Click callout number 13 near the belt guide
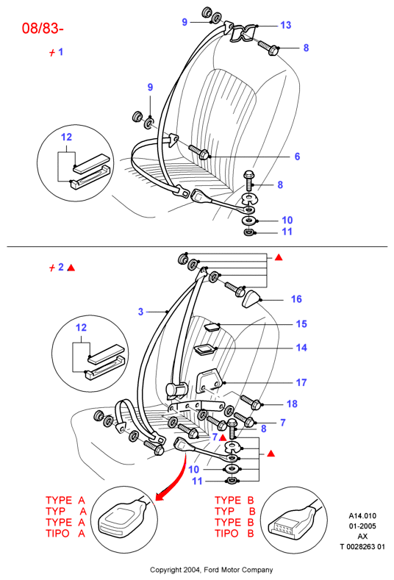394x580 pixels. click(286, 25)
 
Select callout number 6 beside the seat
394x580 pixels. click(297, 157)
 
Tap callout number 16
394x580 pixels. click(296, 299)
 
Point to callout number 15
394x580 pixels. click(301, 324)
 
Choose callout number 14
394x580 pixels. click(301, 348)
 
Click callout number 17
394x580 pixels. click(301, 382)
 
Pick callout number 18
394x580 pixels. click(292, 404)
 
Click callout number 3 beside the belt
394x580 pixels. click(140, 312)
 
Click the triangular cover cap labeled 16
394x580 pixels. click(251, 299)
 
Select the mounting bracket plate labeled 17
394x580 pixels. click(209, 383)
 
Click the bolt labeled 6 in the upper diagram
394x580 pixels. click(199, 152)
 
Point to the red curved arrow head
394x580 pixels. click(160, 497)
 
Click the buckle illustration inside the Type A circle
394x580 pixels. click(121, 518)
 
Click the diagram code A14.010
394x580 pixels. click(362, 515)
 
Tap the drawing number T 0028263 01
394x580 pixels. click(362, 546)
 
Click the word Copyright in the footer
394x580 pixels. click(165, 570)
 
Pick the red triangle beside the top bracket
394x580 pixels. click(279, 257)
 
